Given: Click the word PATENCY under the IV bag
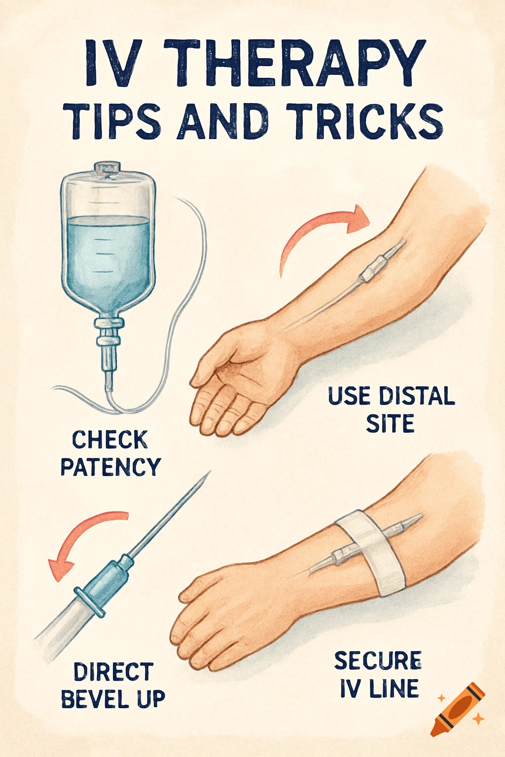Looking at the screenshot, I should (x=110, y=467).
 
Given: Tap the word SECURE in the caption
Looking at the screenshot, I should (x=378, y=661).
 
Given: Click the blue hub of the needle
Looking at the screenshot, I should (x=106, y=582).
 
